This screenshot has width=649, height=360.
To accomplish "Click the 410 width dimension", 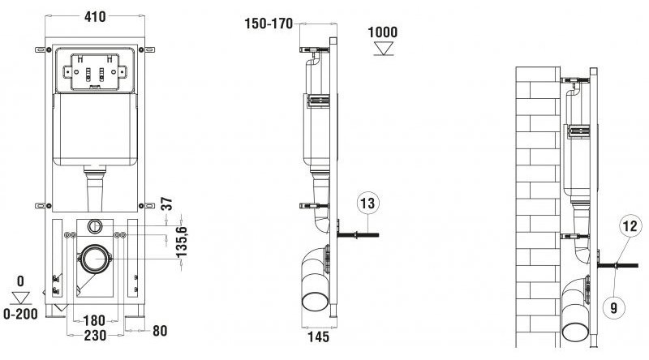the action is (95, 16).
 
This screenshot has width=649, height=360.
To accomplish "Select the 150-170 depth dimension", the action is (269, 24).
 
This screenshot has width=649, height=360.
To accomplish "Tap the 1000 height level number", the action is (382, 32).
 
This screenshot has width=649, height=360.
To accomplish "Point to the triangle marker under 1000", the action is (383, 48).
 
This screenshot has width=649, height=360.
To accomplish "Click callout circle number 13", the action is (367, 204).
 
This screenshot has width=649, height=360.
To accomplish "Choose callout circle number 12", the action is (630, 226).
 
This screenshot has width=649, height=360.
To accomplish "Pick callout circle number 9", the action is (614, 307).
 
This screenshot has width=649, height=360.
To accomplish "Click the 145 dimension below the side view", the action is (318, 336).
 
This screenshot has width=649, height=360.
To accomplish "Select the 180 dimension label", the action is (94, 321).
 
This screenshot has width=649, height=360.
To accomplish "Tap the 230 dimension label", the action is (95, 335).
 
